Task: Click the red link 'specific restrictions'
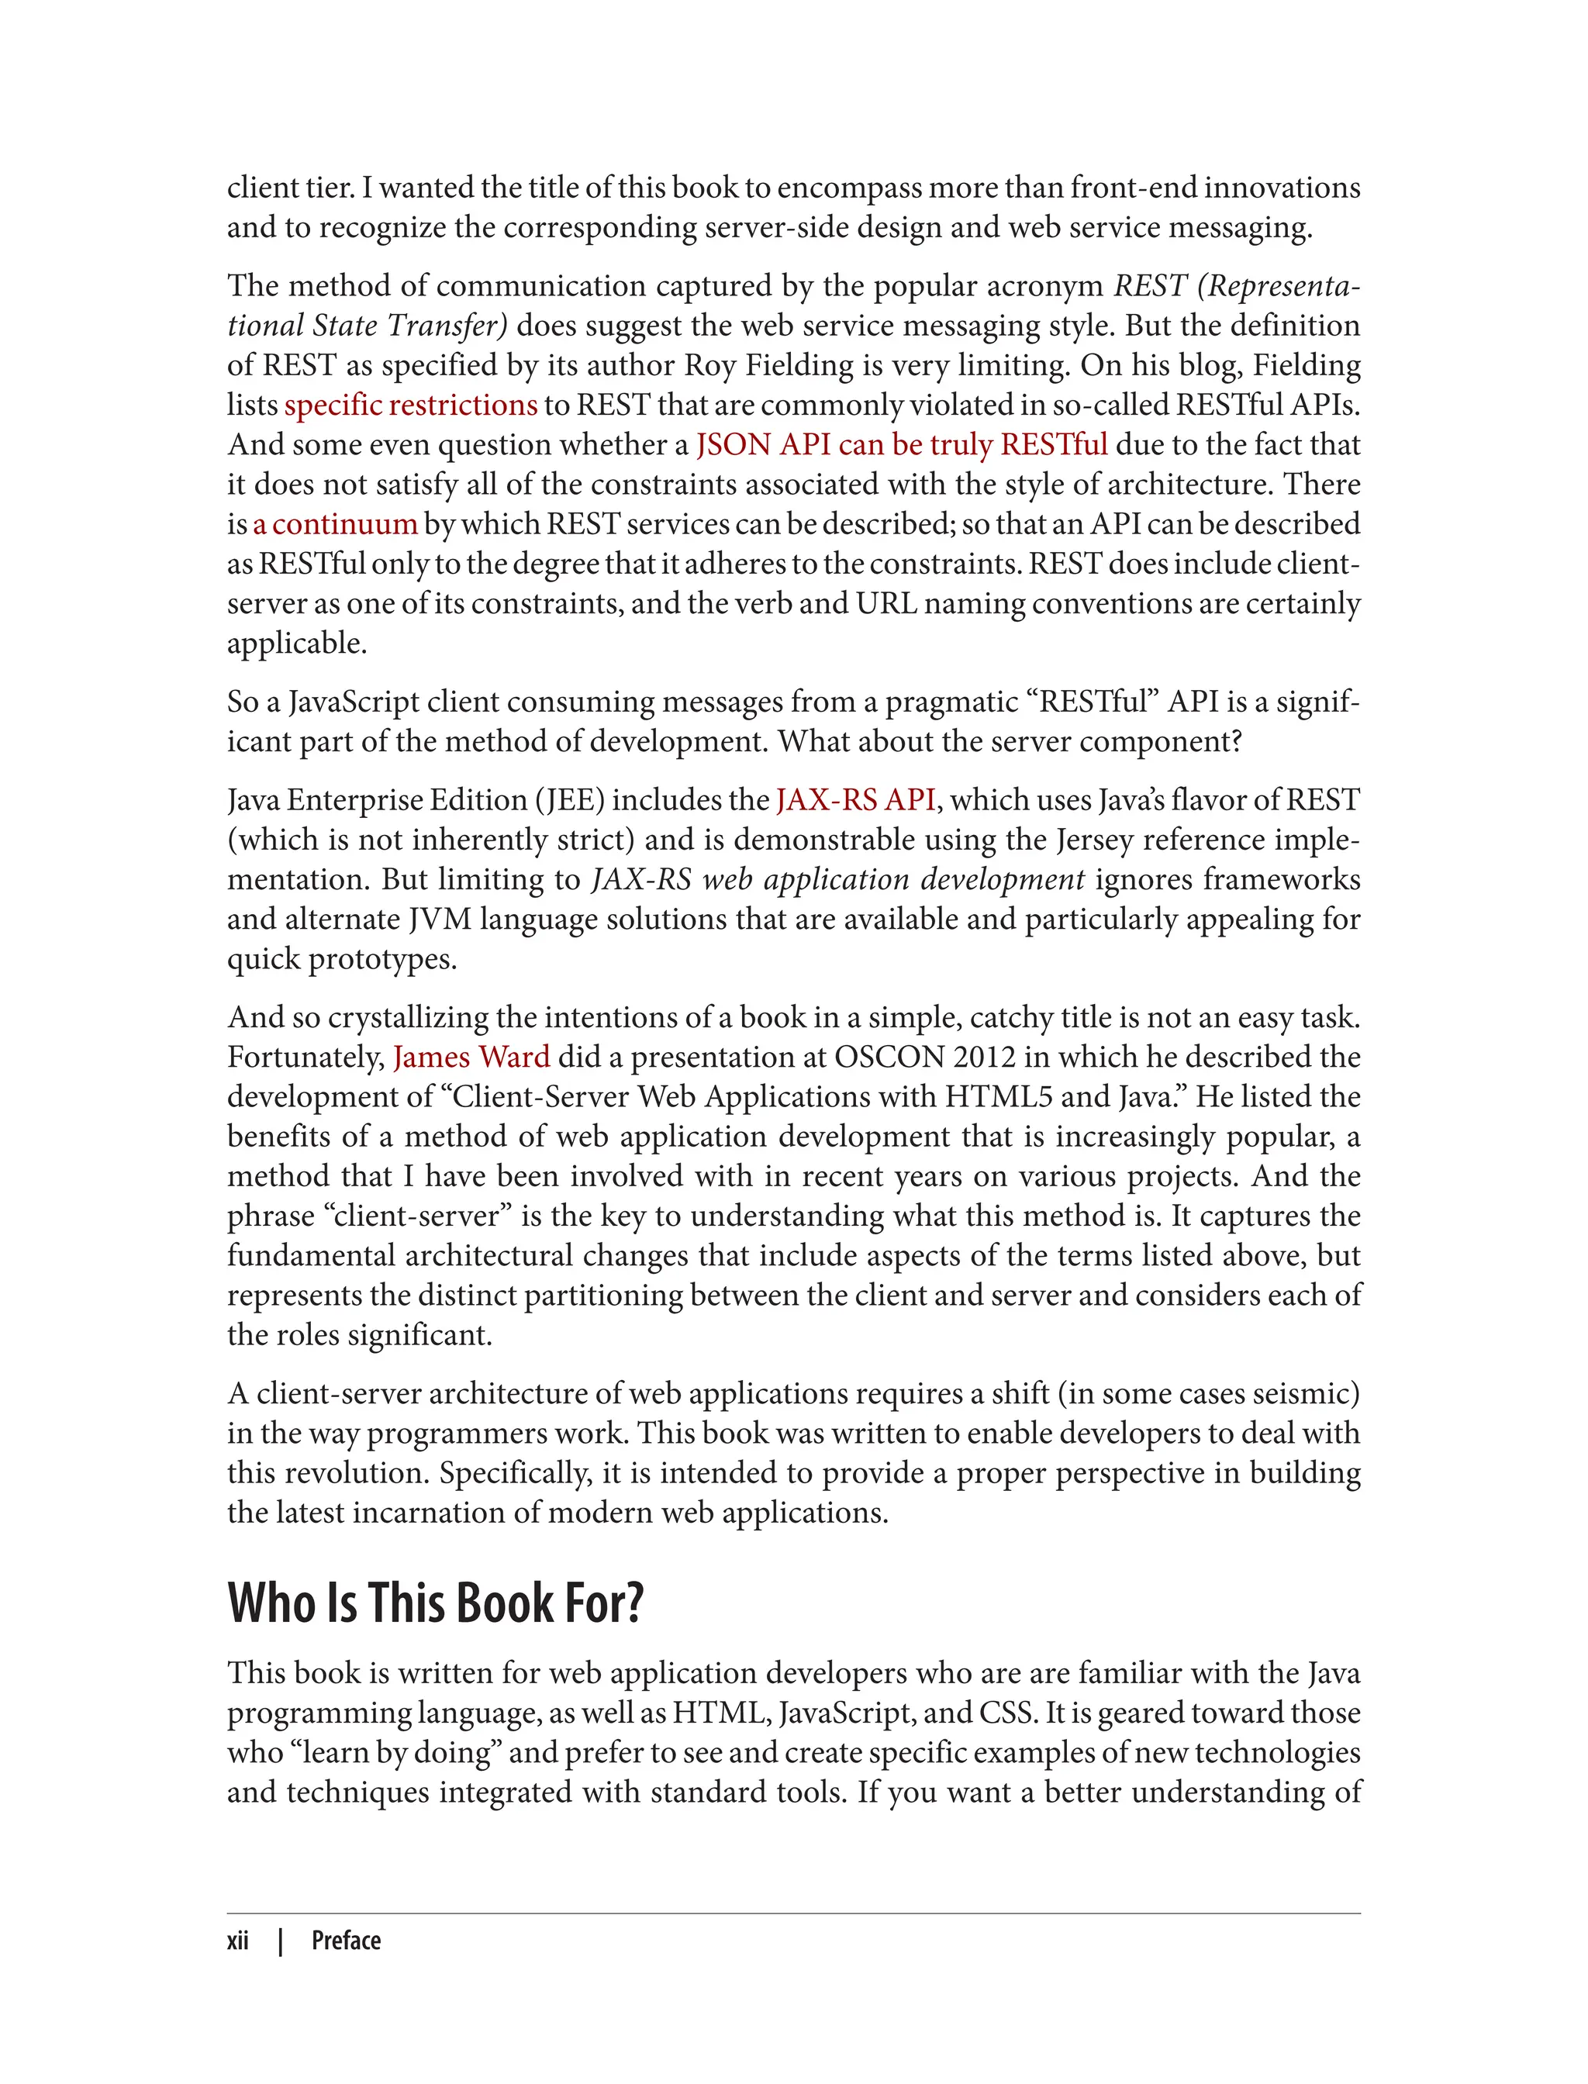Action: [x=410, y=405]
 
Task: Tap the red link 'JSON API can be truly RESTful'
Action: [x=901, y=444]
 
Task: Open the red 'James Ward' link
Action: [x=471, y=1057]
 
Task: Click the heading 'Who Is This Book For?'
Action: [x=436, y=1603]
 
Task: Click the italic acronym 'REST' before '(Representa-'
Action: [x=1149, y=285]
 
